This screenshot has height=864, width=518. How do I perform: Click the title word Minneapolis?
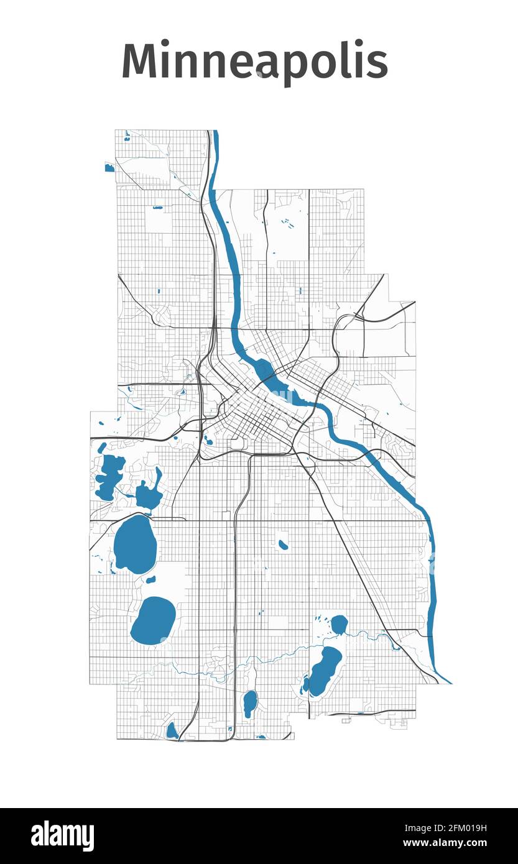tap(254, 61)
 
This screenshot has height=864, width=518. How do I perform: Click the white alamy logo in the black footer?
tap(62, 836)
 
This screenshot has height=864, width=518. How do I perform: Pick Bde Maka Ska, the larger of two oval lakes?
tap(135, 544)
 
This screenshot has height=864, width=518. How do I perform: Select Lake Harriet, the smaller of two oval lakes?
tap(153, 620)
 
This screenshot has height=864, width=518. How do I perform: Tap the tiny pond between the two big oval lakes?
tap(150, 579)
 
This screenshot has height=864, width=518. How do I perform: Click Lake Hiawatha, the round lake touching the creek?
tap(339, 623)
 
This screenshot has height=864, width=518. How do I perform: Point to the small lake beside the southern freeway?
tap(250, 702)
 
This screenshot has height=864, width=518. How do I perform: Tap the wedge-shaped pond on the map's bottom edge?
tap(172, 731)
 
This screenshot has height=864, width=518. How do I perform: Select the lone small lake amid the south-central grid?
tap(284, 545)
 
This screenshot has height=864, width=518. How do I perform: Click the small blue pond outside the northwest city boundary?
tap(109, 168)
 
